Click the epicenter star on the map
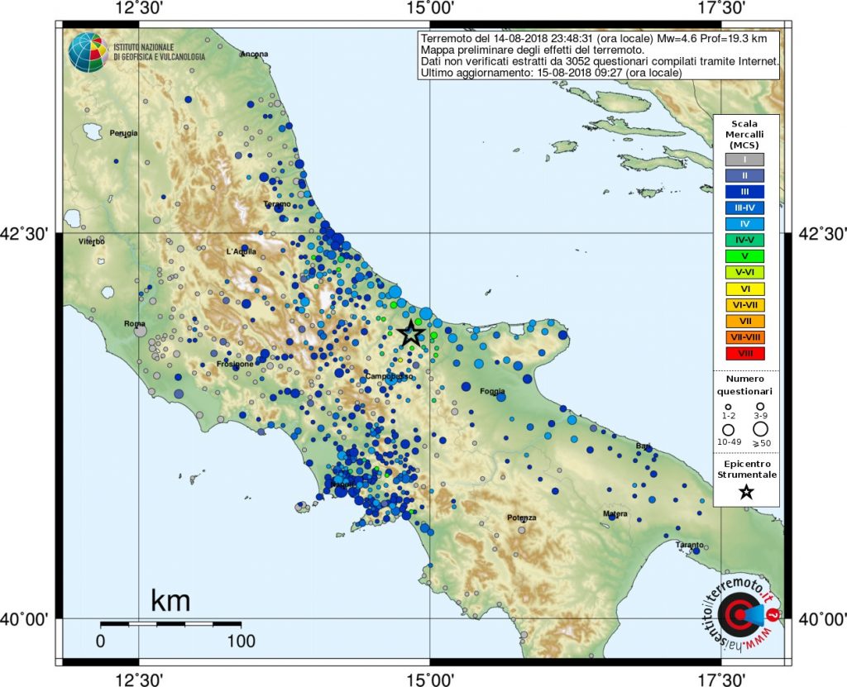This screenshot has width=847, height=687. click(411, 333)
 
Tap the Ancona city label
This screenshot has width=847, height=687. click(254, 55)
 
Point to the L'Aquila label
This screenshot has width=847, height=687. click(242, 251)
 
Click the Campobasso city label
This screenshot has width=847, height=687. click(390, 377)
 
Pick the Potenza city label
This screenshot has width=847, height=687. click(522, 518)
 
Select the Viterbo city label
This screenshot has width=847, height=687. click(91, 241)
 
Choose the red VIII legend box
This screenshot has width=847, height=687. click(744, 353)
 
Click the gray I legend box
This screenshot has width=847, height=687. click(744, 160)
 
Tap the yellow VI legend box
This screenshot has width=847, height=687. click(744, 289)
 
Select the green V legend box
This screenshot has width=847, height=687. click(744, 256)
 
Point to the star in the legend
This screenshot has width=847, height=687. click(746, 492)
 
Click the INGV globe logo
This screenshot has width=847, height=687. click(86, 52)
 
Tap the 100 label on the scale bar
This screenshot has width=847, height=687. click(240, 641)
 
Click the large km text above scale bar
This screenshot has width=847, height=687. click(170, 601)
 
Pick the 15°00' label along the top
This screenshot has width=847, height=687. click(429, 8)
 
